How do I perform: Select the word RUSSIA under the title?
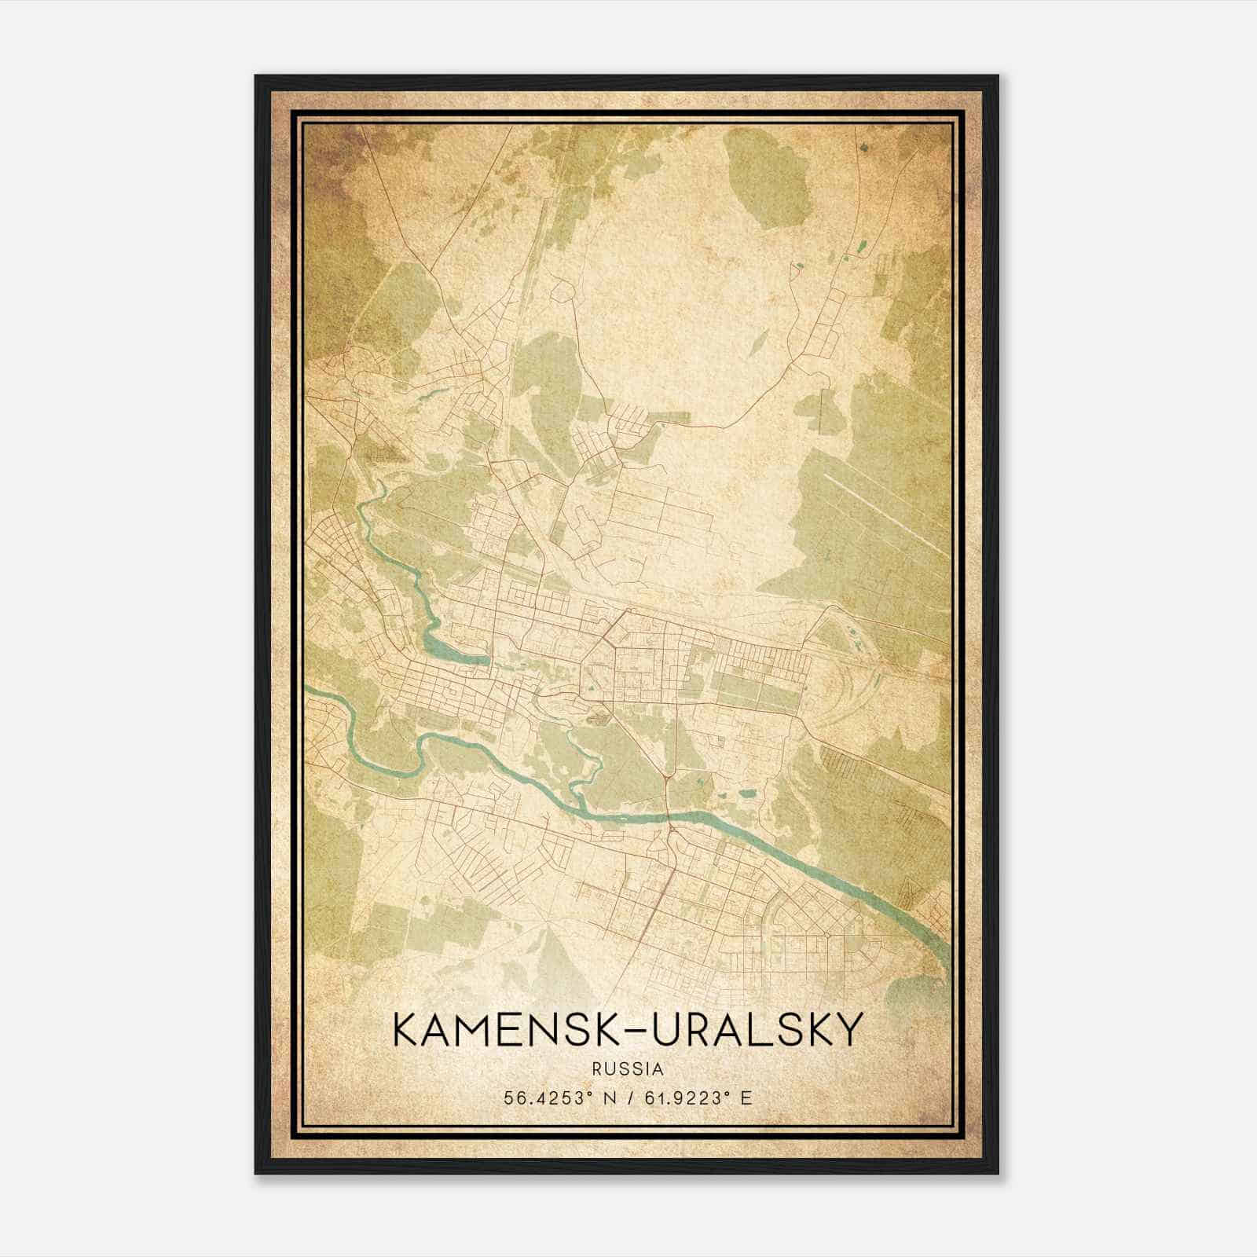[628, 1069]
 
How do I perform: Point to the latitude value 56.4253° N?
[560, 1098]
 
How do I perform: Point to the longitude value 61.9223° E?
[698, 1098]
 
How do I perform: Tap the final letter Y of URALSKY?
[850, 1030]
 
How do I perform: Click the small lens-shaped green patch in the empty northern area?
[760, 339]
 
